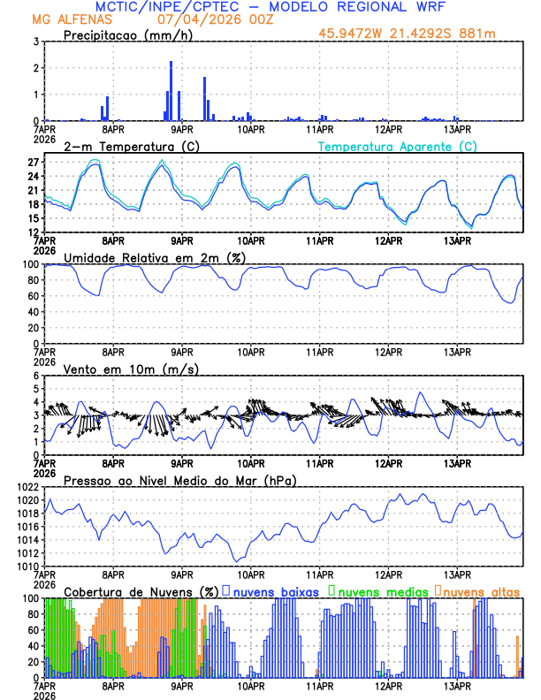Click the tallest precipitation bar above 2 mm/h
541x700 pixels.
(171, 88)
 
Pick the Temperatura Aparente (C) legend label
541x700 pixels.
(398, 146)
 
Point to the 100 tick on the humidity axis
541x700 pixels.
(29, 264)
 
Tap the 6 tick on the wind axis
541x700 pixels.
(35, 376)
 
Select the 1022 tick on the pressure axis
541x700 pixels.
(26, 487)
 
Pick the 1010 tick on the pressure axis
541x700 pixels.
(26, 566)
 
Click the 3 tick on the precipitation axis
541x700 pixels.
(35, 42)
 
